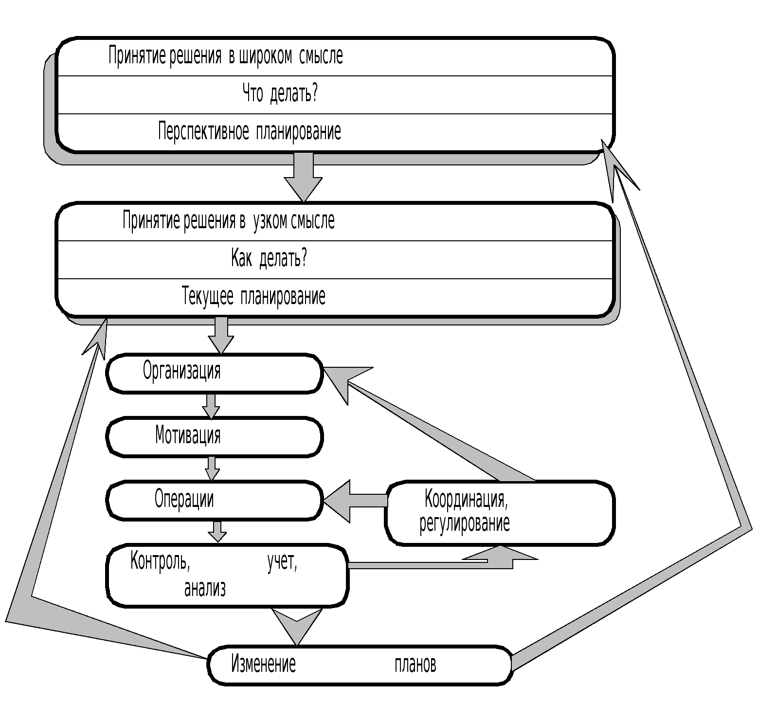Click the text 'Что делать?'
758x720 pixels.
click(280, 93)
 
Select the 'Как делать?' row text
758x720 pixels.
click(269, 258)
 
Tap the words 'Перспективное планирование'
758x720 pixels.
click(250, 131)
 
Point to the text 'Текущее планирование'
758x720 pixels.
click(253, 296)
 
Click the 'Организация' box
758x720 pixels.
click(214, 373)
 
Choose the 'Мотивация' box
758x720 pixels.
click(214, 436)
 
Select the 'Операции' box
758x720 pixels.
click(214, 500)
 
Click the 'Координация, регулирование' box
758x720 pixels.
click(500, 512)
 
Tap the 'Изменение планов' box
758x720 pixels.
click(360, 665)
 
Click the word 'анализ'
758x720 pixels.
click(205, 589)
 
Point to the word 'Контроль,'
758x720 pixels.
click(160, 562)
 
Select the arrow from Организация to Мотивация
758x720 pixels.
click(211, 406)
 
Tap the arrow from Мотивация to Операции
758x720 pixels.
click(212, 468)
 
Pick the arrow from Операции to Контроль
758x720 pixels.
click(217, 531)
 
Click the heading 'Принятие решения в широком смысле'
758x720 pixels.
click(226, 56)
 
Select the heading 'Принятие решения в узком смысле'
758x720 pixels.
click(229, 221)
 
